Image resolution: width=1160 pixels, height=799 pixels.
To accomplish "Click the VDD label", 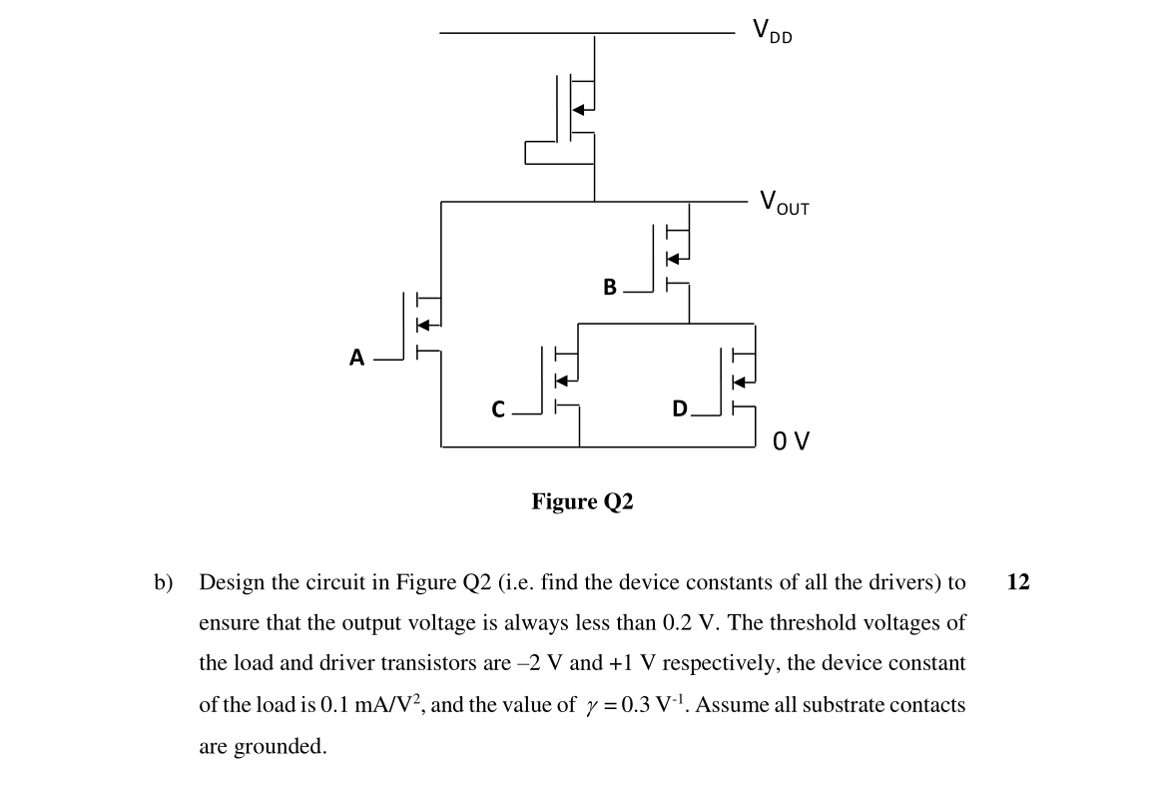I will coord(773,32).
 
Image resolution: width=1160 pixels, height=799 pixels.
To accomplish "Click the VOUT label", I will coord(785,203).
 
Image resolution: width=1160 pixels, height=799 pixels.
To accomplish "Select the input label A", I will coord(356,357).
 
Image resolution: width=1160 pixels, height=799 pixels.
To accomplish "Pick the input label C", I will coord(499,408).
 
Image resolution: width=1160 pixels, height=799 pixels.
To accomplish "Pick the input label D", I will coord(680,408).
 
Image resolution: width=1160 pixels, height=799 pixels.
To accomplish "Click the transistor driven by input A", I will coord(424,325).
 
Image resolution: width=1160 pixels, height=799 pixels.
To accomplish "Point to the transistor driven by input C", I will coord(563,380).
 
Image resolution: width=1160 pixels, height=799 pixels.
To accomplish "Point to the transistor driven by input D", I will coord(741,380).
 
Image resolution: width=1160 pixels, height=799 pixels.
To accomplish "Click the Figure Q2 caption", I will coord(582,501).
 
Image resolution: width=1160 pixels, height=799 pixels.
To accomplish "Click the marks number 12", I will coord(1018,582).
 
